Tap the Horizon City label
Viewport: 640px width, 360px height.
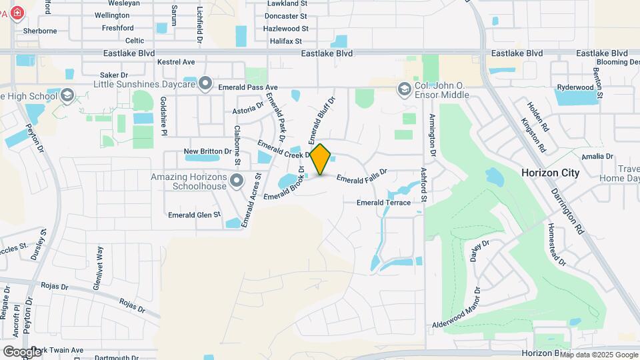point(550,173)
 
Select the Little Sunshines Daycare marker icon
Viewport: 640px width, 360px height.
point(206,84)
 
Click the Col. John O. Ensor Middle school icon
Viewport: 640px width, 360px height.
point(404,89)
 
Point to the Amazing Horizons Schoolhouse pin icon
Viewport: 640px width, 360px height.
point(235,180)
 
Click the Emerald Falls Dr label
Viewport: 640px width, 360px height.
point(361,177)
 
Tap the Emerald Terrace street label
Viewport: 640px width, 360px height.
point(383,203)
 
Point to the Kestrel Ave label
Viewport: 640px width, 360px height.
point(176,62)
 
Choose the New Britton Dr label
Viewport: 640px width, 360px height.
point(207,151)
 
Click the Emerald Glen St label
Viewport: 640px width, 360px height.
point(194,215)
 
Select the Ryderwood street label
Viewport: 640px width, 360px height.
point(575,87)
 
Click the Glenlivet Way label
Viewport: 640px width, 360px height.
point(99,267)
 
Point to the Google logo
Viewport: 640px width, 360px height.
point(22,351)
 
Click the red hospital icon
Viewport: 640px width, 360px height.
point(15,13)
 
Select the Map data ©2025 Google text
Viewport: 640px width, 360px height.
point(598,354)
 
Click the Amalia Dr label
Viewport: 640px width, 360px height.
point(597,156)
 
